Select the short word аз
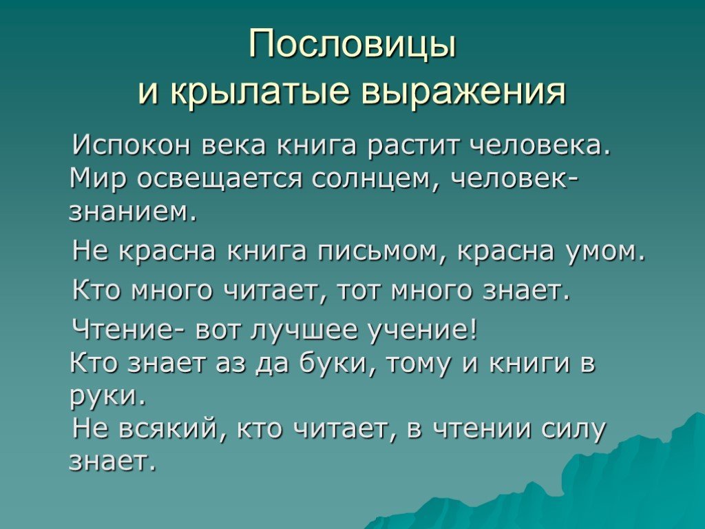pyautogui.click(x=231, y=364)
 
